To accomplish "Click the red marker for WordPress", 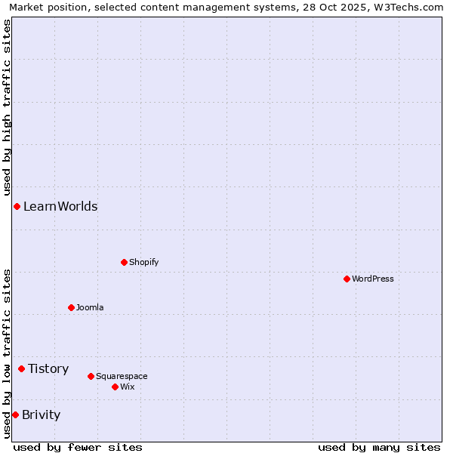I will (347, 279).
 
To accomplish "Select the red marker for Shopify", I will (124, 262).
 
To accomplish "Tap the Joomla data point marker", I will (71, 307).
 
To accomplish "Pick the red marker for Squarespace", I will (91, 376).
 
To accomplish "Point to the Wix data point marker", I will (115, 387).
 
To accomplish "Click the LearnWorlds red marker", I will (17, 206).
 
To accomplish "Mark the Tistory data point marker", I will (21, 368).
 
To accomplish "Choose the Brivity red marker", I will (15, 414).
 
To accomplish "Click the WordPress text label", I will (373, 279).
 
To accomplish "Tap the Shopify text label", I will (144, 262).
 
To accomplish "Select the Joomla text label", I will (90, 307).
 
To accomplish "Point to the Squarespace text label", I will (122, 376).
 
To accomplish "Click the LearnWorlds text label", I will (60, 206).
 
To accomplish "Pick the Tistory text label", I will (48, 368).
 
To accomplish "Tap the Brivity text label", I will (41, 414).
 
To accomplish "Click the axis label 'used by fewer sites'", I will (78, 447).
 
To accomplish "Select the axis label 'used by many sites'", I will (379, 447).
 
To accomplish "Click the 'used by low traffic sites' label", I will (7, 353).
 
